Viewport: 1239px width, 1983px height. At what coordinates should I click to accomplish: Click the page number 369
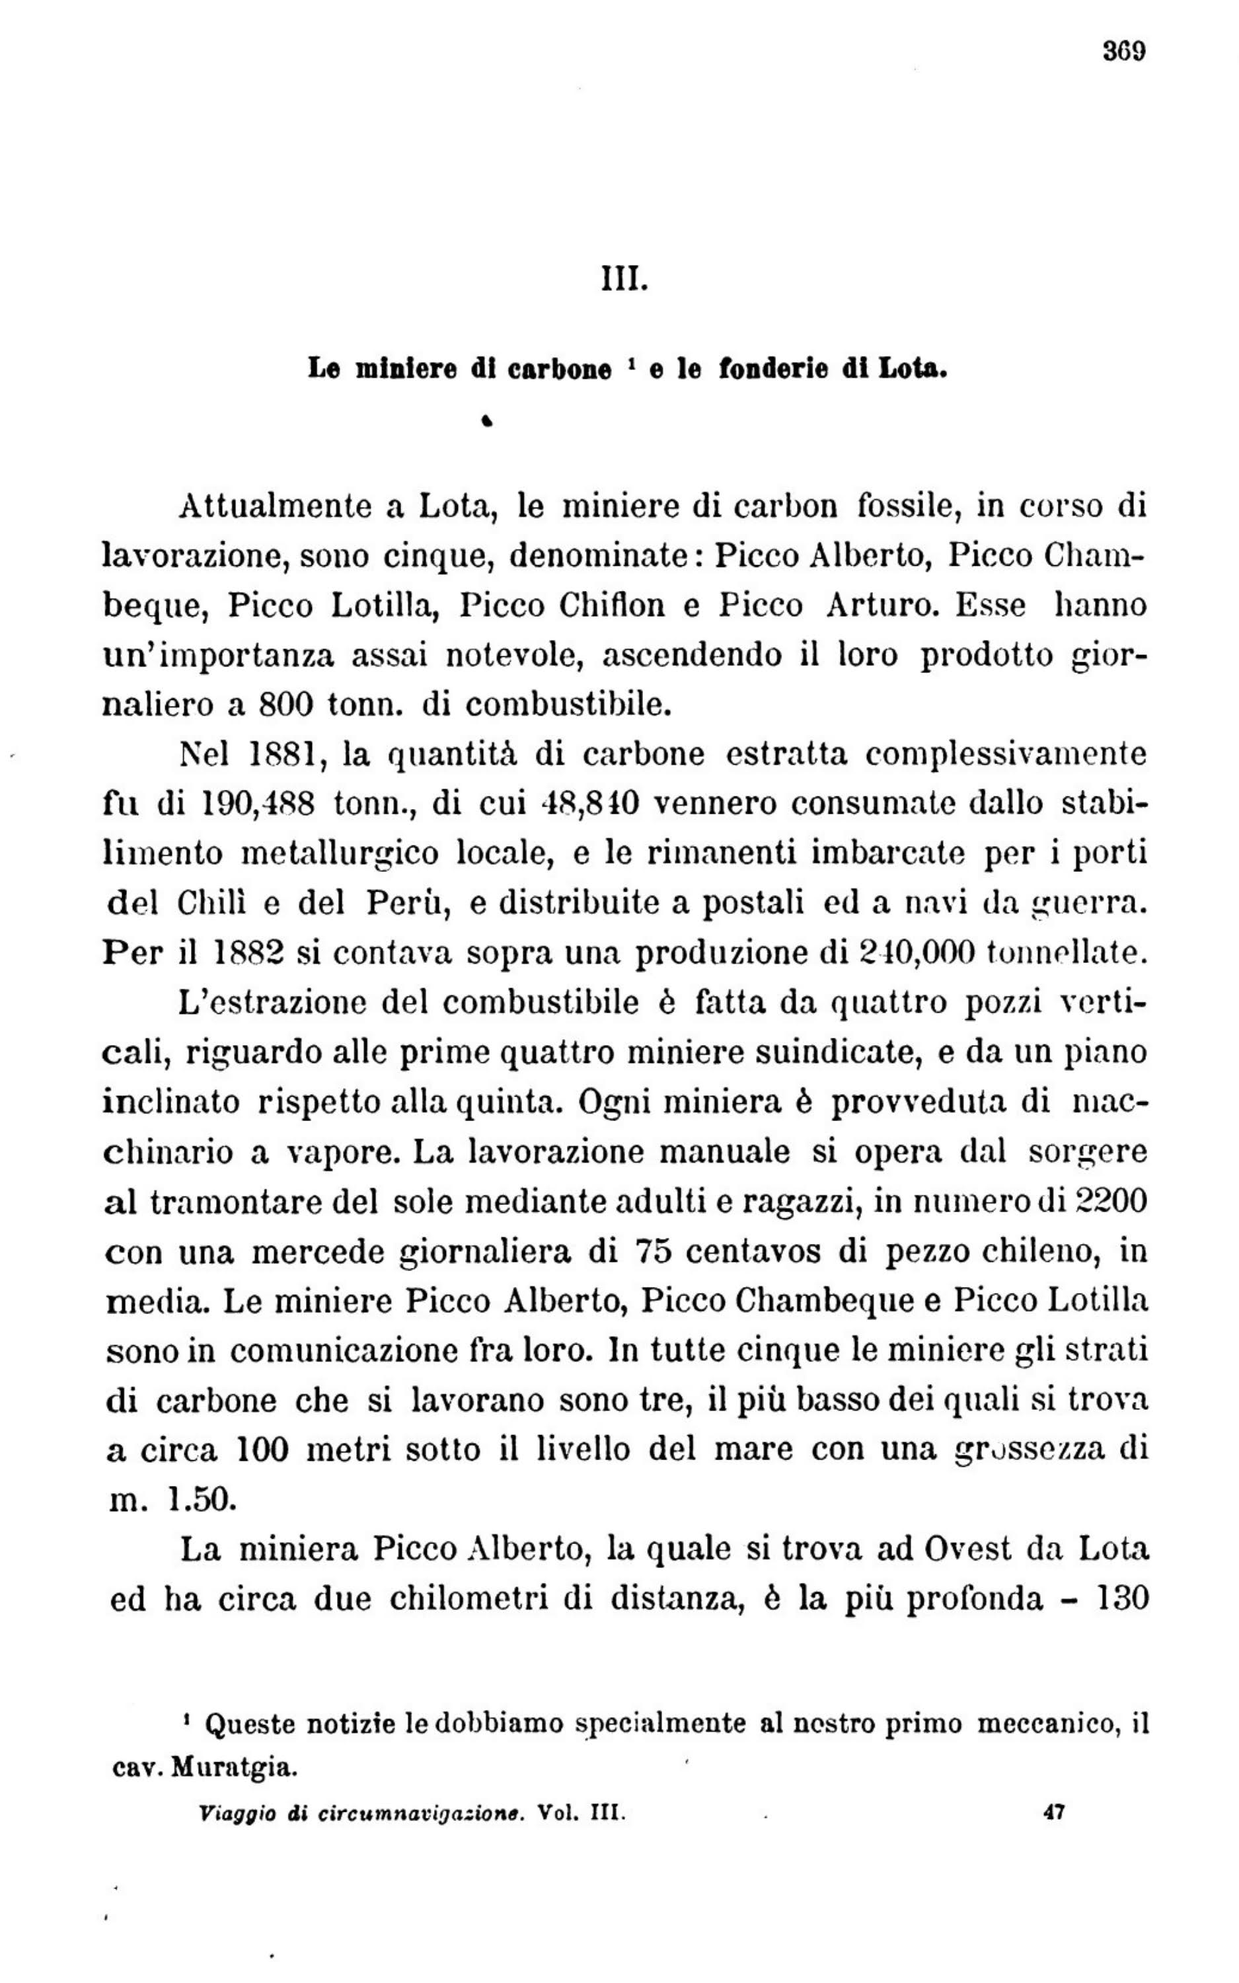click(x=1123, y=52)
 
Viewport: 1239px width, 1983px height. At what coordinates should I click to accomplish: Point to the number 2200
click(x=1109, y=1202)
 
